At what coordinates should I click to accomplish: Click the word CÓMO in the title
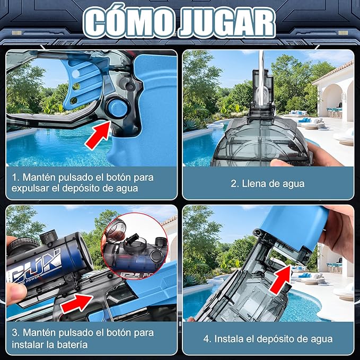click(129, 22)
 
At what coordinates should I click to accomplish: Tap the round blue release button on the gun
click(117, 108)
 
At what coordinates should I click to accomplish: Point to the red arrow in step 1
click(98, 135)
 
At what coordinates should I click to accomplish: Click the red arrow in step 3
click(77, 303)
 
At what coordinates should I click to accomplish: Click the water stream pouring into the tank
click(261, 77)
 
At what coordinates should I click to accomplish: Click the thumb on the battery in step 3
click(16, 294)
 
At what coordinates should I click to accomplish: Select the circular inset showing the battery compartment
click(135, 246)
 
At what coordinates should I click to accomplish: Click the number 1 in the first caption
click(15, 178)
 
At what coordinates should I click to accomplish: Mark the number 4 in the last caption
click(206, 339)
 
